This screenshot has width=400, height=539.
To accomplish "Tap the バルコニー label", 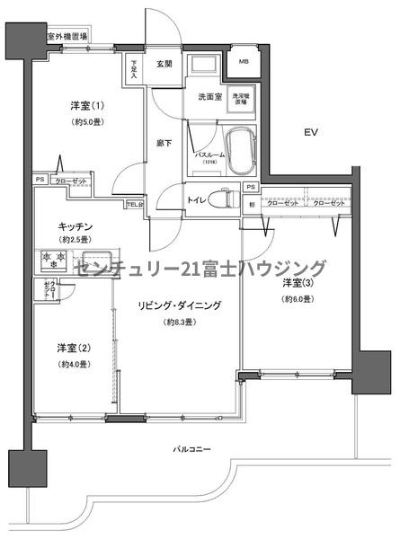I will [x=191, y=446].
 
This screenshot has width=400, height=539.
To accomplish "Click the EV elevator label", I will [x=311, y=132].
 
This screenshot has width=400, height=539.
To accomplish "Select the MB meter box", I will [x=244, y=63].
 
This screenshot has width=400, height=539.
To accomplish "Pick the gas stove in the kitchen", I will [x=52, y=261].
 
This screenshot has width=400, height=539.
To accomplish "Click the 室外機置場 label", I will [x=67, y=37].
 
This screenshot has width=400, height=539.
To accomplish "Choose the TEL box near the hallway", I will [x=134, y=204].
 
